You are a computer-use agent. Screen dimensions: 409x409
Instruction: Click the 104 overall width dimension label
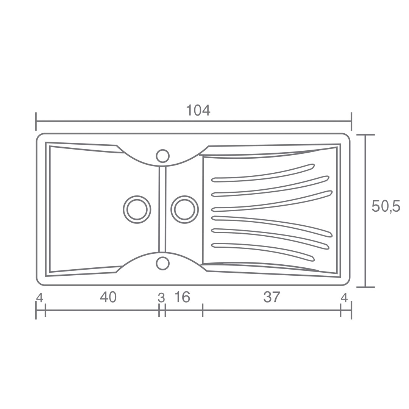pos(198,110)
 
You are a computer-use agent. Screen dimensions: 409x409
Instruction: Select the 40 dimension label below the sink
pos(108,297)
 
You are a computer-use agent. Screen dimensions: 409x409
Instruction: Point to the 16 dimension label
pos(182,297)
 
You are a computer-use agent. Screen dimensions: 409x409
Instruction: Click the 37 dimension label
pos(272,297)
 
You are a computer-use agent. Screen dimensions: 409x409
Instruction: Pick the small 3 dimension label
pos(161,298)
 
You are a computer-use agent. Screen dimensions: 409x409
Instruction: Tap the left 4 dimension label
pos(40,298)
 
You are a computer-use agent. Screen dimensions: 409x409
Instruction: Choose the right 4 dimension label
pos(344,298)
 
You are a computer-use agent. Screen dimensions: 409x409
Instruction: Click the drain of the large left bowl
pos(137,209)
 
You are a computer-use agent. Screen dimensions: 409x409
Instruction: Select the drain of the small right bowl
pos(184,209)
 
